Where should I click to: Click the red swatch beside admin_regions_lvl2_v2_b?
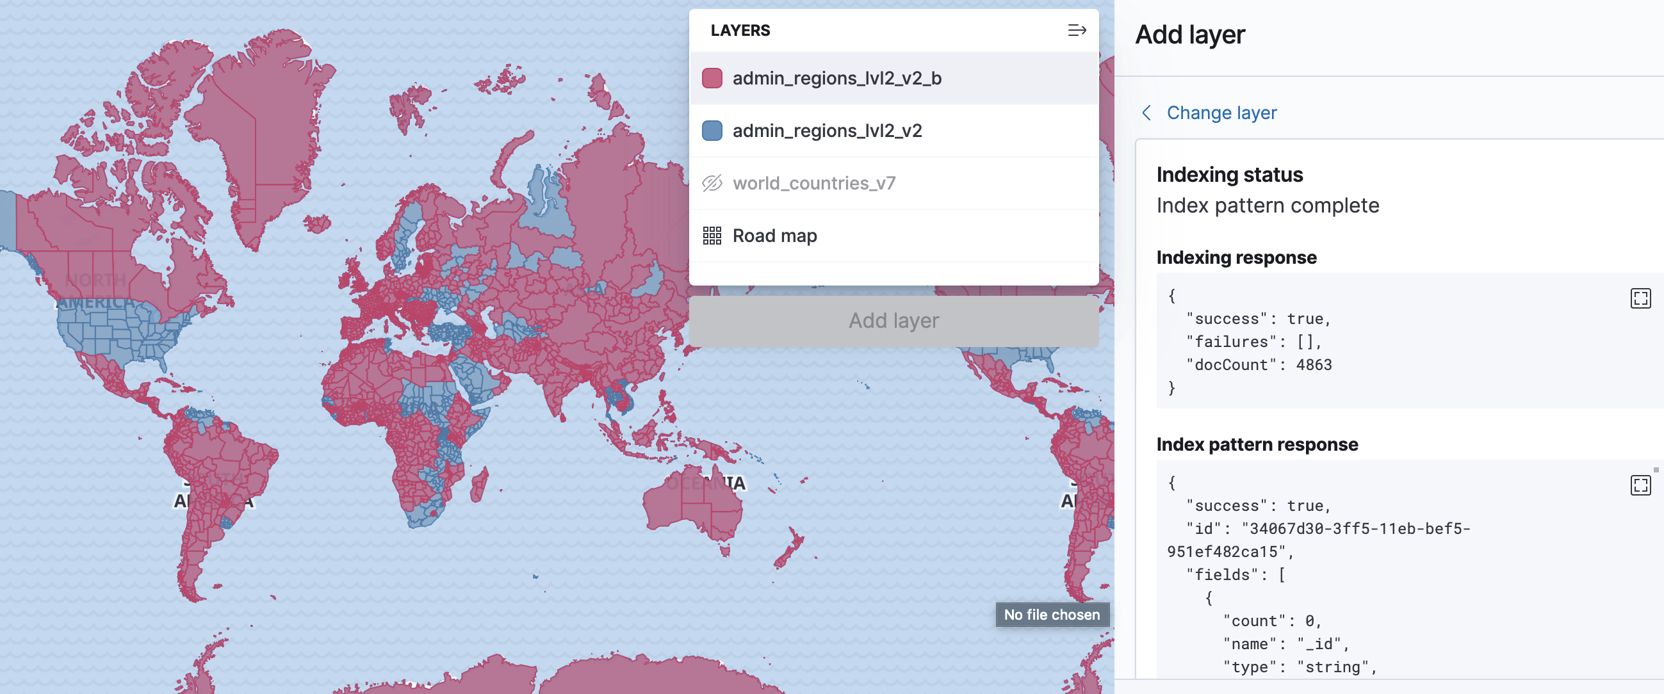[712, 78]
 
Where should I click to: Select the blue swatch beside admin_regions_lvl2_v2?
[712, 131]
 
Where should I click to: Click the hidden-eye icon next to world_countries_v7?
[712, 183]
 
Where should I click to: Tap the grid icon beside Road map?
[712, 236]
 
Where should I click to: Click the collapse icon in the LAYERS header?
[1076, 30]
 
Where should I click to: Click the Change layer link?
[1221, 113]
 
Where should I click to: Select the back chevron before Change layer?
[1146, 113]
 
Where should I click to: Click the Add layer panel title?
[1190, 35]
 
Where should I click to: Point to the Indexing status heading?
[1229, 175]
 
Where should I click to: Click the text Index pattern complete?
[1268, 206]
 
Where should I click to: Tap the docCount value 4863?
[1313, 365]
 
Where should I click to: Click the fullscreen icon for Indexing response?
[1640, 298]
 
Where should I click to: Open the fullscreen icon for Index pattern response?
[1640, 485]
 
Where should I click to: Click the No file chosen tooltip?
[1052, 615]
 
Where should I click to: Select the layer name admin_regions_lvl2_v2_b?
[836, 78]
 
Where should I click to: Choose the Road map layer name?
[774, 236]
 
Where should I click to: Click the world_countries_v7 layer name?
[814, 183]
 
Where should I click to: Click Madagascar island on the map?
[478, 485]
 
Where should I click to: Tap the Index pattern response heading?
[1257, 444]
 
